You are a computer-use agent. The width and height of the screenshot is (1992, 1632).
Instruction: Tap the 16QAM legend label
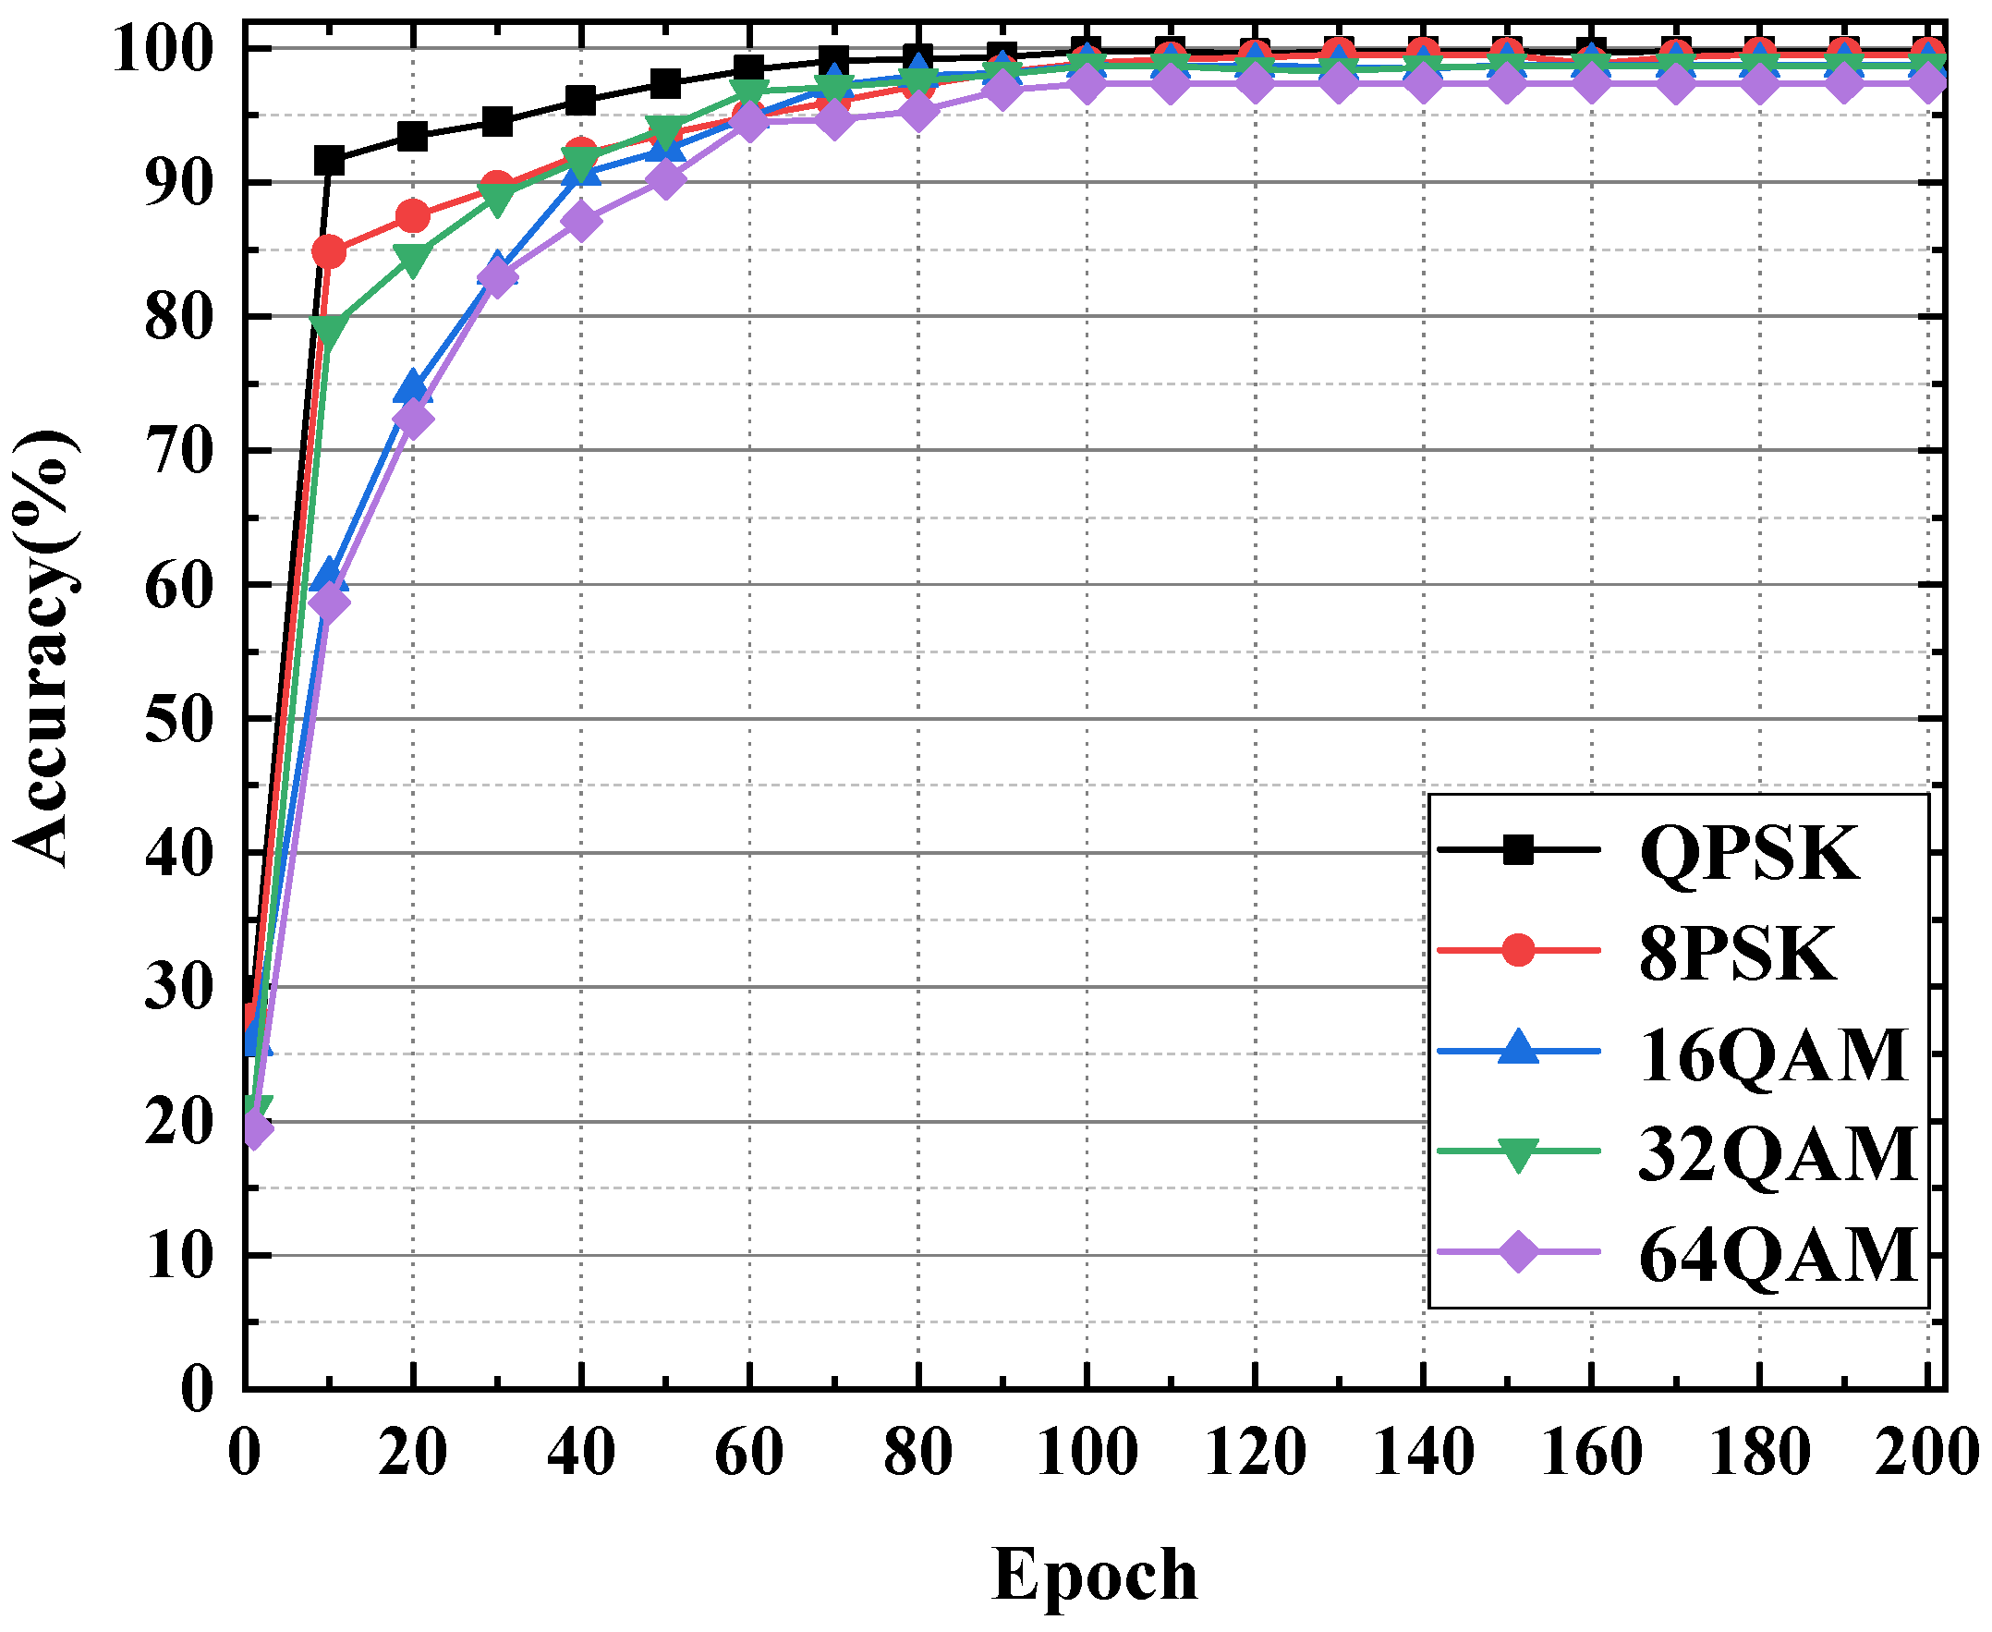1773,1054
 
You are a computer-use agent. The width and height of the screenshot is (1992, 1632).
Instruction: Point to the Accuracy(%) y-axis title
45,648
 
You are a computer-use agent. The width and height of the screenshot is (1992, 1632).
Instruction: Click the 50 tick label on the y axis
179,720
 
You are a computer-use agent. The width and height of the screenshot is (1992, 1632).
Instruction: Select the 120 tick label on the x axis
1255,1453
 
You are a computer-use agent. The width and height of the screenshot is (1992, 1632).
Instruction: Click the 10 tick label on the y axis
179,1258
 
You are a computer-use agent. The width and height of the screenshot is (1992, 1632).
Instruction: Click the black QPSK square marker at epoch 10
329,161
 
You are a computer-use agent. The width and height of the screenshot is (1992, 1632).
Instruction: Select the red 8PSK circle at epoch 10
329,252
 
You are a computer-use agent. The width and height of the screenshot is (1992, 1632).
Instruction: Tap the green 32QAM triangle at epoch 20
413,260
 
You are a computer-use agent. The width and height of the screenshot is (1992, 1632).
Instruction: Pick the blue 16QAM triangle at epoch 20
413,386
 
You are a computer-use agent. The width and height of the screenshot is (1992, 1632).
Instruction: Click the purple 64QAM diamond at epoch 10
329,602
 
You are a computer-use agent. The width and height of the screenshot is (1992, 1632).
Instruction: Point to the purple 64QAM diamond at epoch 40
581,223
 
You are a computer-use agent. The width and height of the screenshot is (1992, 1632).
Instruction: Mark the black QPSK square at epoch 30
497,121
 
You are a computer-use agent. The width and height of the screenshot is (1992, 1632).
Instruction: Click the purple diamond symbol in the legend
1518,1253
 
